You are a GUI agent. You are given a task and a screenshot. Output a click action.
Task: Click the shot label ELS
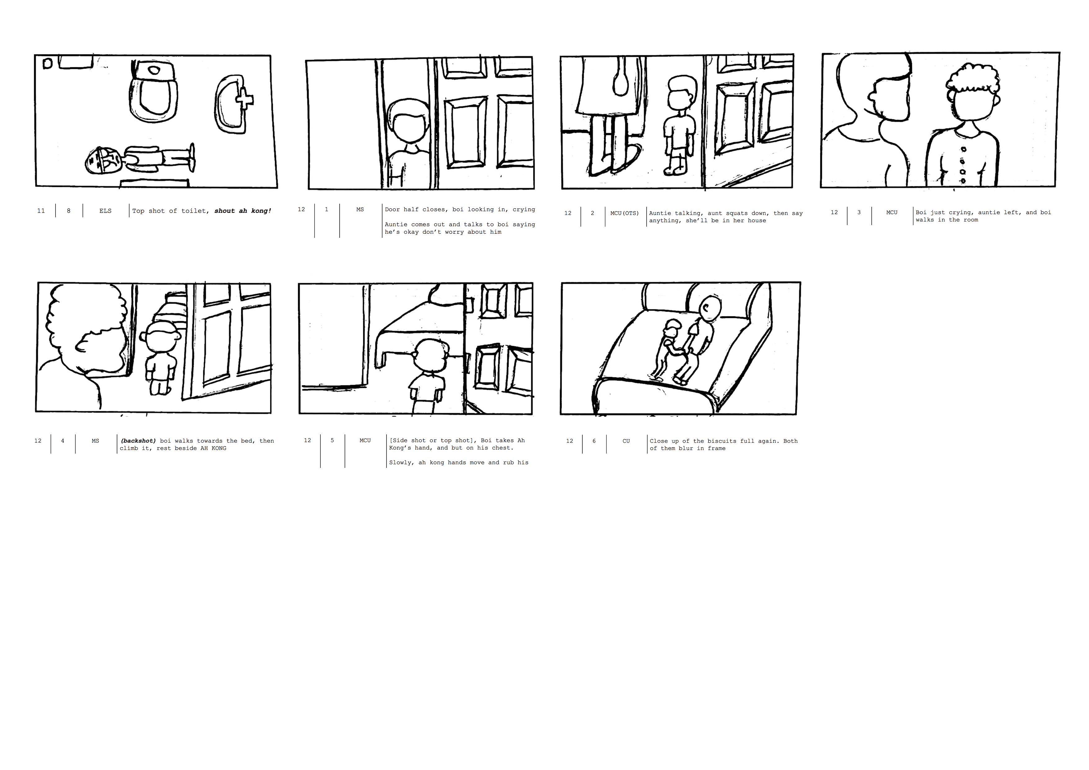coord(105,211)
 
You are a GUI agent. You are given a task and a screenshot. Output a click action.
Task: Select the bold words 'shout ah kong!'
coord(243,211)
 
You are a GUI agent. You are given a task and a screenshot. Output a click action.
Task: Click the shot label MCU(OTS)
coord(625,213)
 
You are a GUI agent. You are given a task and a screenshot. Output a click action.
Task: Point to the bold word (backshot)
coord(138,441)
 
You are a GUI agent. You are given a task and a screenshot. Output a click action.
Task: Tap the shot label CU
coord(626,441)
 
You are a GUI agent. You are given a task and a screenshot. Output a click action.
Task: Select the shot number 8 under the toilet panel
coord(69,211)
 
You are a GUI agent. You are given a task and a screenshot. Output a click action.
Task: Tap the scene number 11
coord(41,211)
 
